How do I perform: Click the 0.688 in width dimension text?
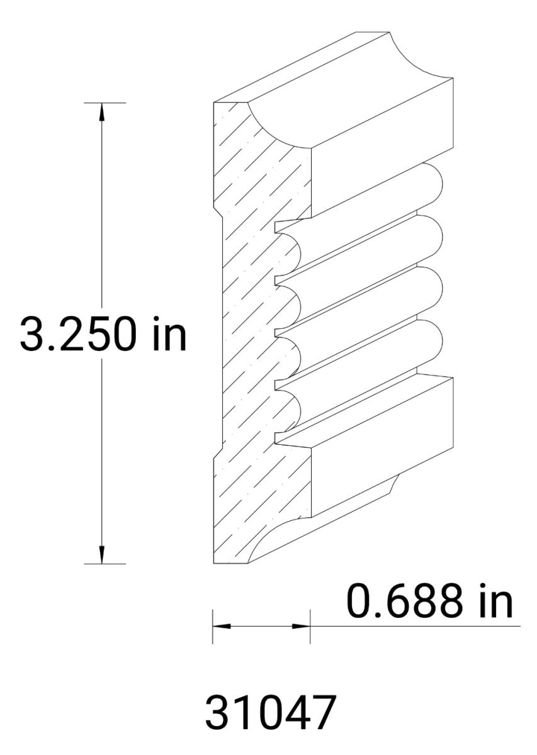click(431, 602)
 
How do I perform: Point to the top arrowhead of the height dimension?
click(101, 111)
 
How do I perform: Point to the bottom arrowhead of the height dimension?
click(101, 555)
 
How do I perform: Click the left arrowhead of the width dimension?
click(221, 627)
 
